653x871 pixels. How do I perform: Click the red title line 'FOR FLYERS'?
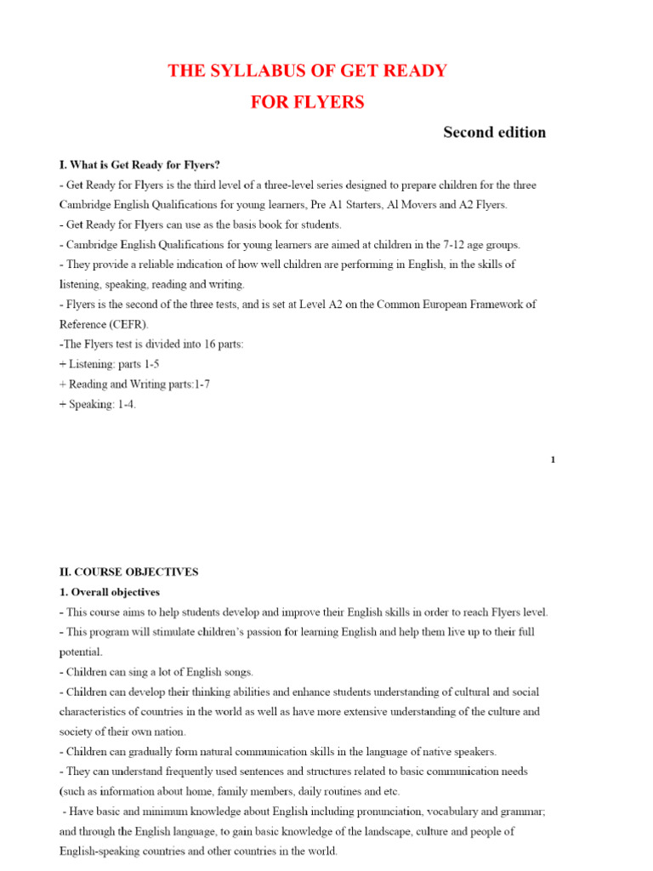307,102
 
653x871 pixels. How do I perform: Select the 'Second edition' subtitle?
494,132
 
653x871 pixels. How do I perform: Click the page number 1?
553,459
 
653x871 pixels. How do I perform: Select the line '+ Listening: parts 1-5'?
109,364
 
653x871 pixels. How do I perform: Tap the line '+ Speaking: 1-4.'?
98,405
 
